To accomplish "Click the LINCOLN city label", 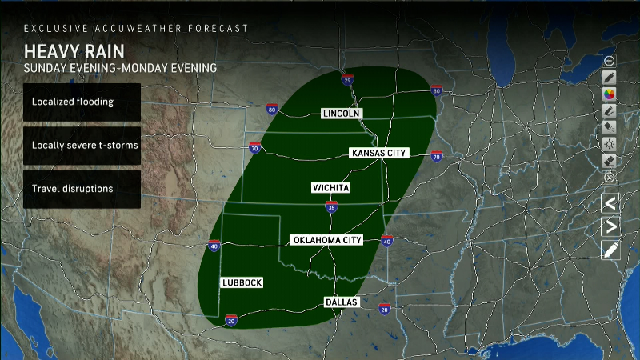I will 342,114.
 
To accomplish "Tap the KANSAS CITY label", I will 380,152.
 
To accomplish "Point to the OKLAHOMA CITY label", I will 328,240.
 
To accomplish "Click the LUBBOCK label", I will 242,283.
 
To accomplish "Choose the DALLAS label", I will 342,302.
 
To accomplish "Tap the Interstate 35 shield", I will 331,207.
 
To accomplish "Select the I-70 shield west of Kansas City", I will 254,147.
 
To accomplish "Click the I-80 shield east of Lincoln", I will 436,90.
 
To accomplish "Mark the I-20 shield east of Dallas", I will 384,308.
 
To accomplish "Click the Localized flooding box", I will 82,102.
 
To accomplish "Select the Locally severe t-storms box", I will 82,146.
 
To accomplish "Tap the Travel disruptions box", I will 82,189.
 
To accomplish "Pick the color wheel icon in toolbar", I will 610,94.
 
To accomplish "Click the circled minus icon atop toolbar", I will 610,60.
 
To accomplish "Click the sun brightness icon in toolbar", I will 610,144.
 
